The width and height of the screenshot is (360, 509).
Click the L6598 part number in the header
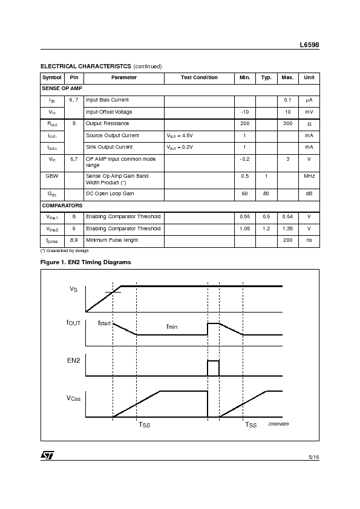[x=309, y=45]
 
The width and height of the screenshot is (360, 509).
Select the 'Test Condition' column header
[x=199, y=77]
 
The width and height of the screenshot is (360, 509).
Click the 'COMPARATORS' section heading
[x=62, y=206]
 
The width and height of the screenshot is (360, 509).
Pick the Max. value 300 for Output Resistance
[x=287, y=123]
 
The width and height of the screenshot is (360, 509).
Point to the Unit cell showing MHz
[x=309, y=176]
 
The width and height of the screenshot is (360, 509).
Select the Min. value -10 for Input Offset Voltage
[x=244, y=112]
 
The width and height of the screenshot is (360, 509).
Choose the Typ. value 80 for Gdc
[x=266, y=193]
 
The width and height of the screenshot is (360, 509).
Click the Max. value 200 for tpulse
[x=287, y=240]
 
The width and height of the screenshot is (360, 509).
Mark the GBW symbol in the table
[x=52, y=176]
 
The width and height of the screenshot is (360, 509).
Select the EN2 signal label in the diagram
[x=73, y=361]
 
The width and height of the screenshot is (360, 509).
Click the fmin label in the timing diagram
[x=172, y=326]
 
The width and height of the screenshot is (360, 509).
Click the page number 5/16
[x=313, y=457]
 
